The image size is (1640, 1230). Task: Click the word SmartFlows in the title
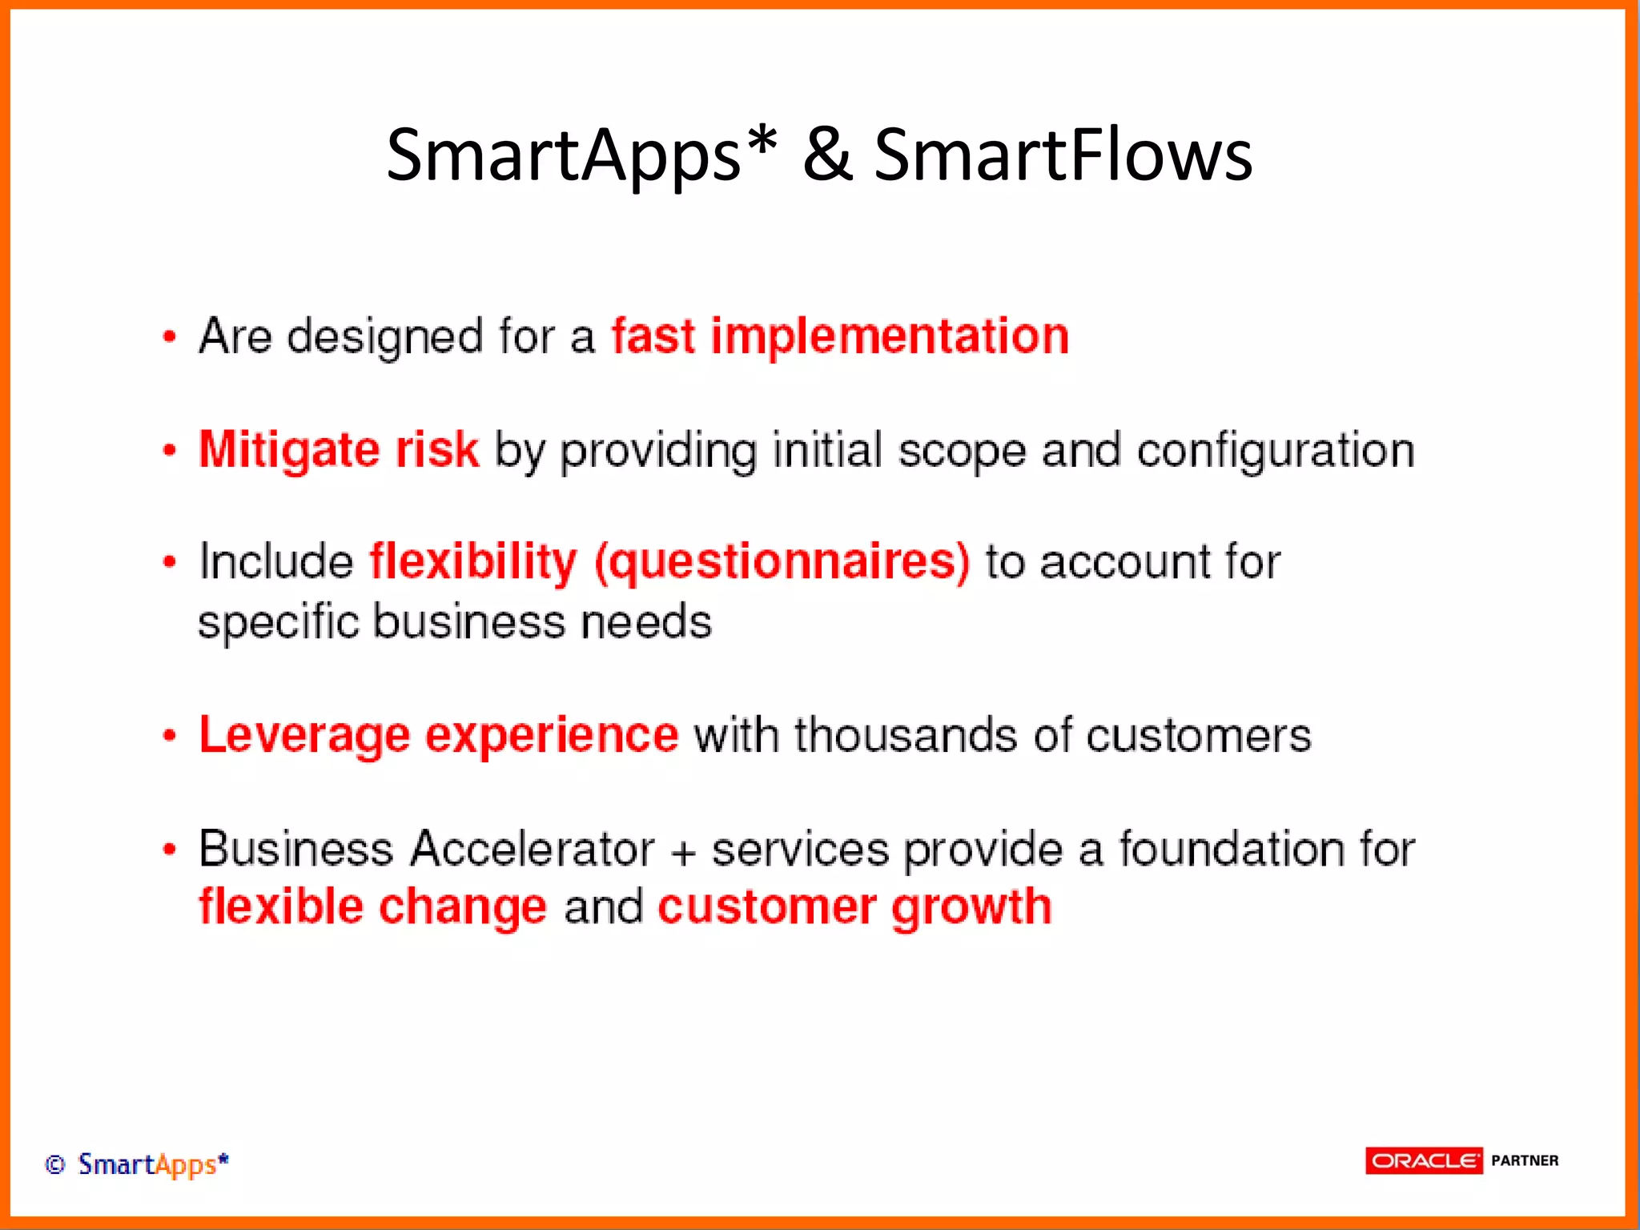[x=1063, y=155]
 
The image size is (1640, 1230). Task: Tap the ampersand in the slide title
[x=827, y=155]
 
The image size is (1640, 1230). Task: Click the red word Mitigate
[x=289, y=450]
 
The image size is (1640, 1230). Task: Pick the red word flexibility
[x=472, y=561]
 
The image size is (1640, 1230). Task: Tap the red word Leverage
[x=304, y=736]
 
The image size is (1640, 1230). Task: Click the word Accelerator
[x=532, y=849]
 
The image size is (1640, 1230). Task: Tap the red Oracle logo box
[x=1423, y=1160]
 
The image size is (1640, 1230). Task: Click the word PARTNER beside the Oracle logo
[x=1524, y=1160]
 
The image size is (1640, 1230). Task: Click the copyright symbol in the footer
[x=54, y=1164]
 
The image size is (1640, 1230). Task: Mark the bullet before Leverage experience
[x=169, y=736]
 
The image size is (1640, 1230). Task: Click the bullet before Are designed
[x=169, y=336]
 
